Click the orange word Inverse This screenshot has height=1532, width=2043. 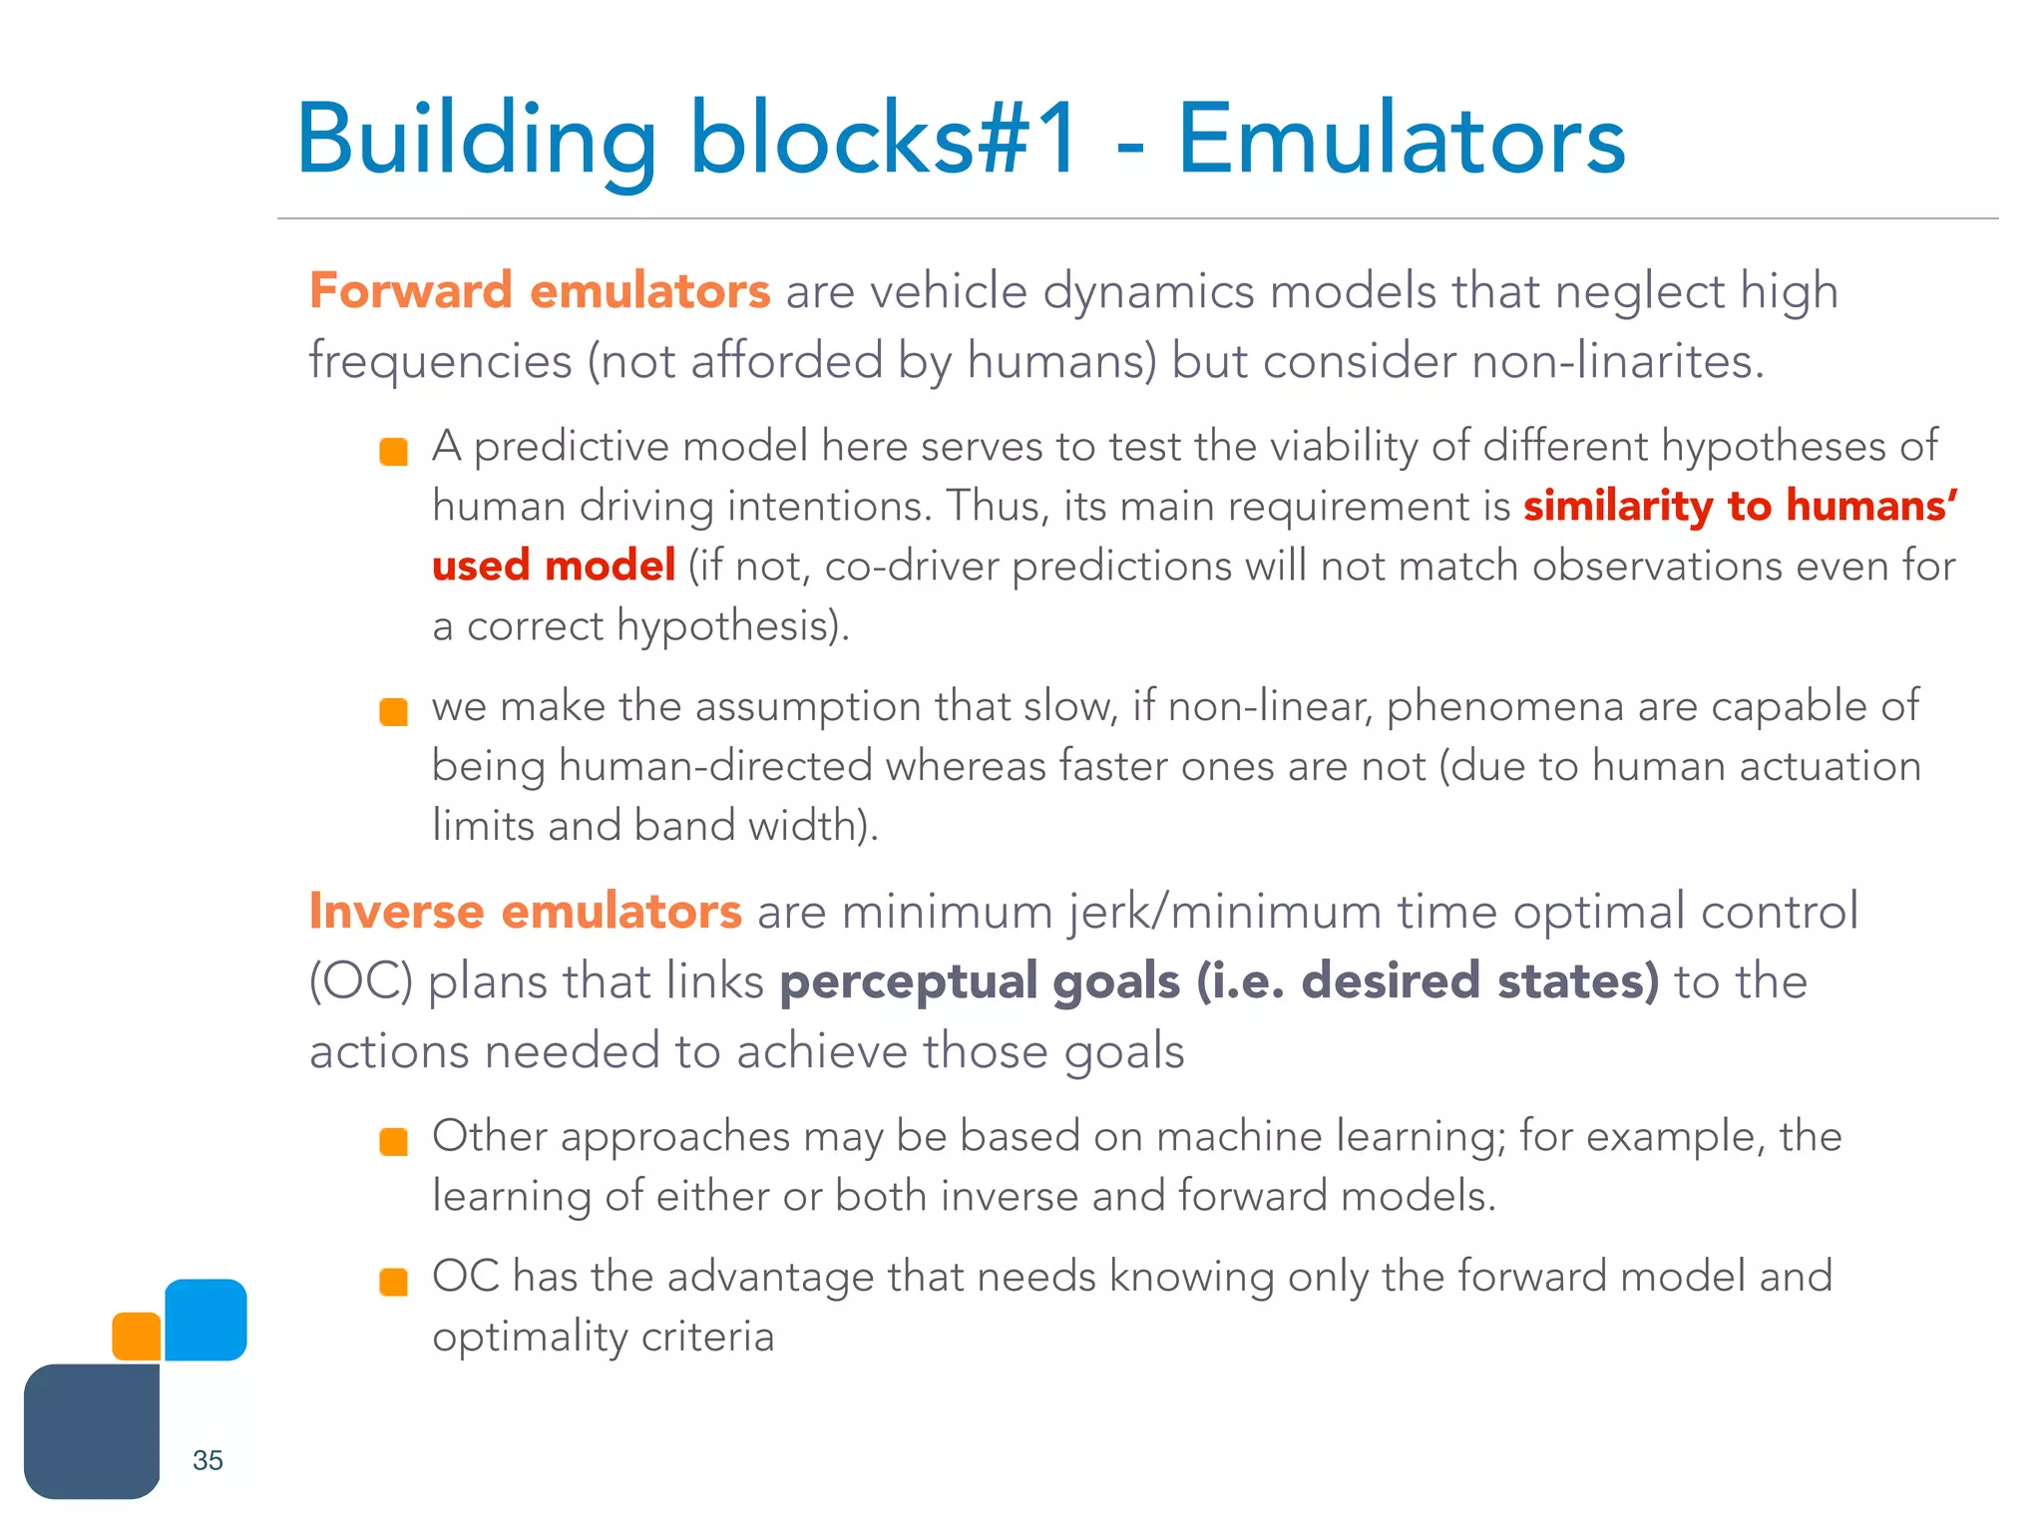coord(396,912)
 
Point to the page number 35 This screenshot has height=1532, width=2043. coord(207,1460)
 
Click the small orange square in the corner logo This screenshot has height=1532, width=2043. coord(137,1337)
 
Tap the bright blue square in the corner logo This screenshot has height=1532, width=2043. coord(205,1320)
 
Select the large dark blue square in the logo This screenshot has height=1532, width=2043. coord(92,1431)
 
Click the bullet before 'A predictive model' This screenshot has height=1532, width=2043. coord(394,452)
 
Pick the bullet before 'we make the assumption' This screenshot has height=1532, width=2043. coord(394,712)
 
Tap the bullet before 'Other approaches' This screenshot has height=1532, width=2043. coord(394,1142)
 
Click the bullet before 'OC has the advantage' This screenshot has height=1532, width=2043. coord(394,1282)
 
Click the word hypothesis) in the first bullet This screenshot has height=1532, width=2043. coord(733,626)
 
